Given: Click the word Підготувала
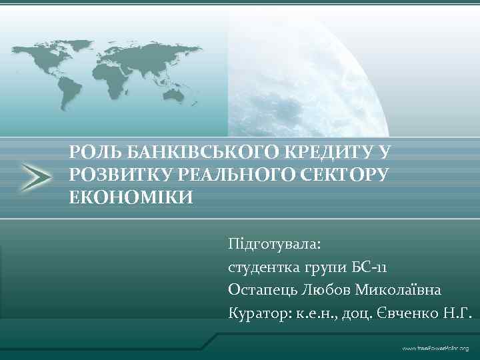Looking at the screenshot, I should pyautogui.click(x=274, y=244).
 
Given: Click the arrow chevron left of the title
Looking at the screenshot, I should pyautogui.click(x=33, y=176).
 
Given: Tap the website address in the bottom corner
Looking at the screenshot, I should pyautogui.click(x=434, y=349).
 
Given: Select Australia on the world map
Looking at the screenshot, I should pyautogui.click(x=175, y=95).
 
